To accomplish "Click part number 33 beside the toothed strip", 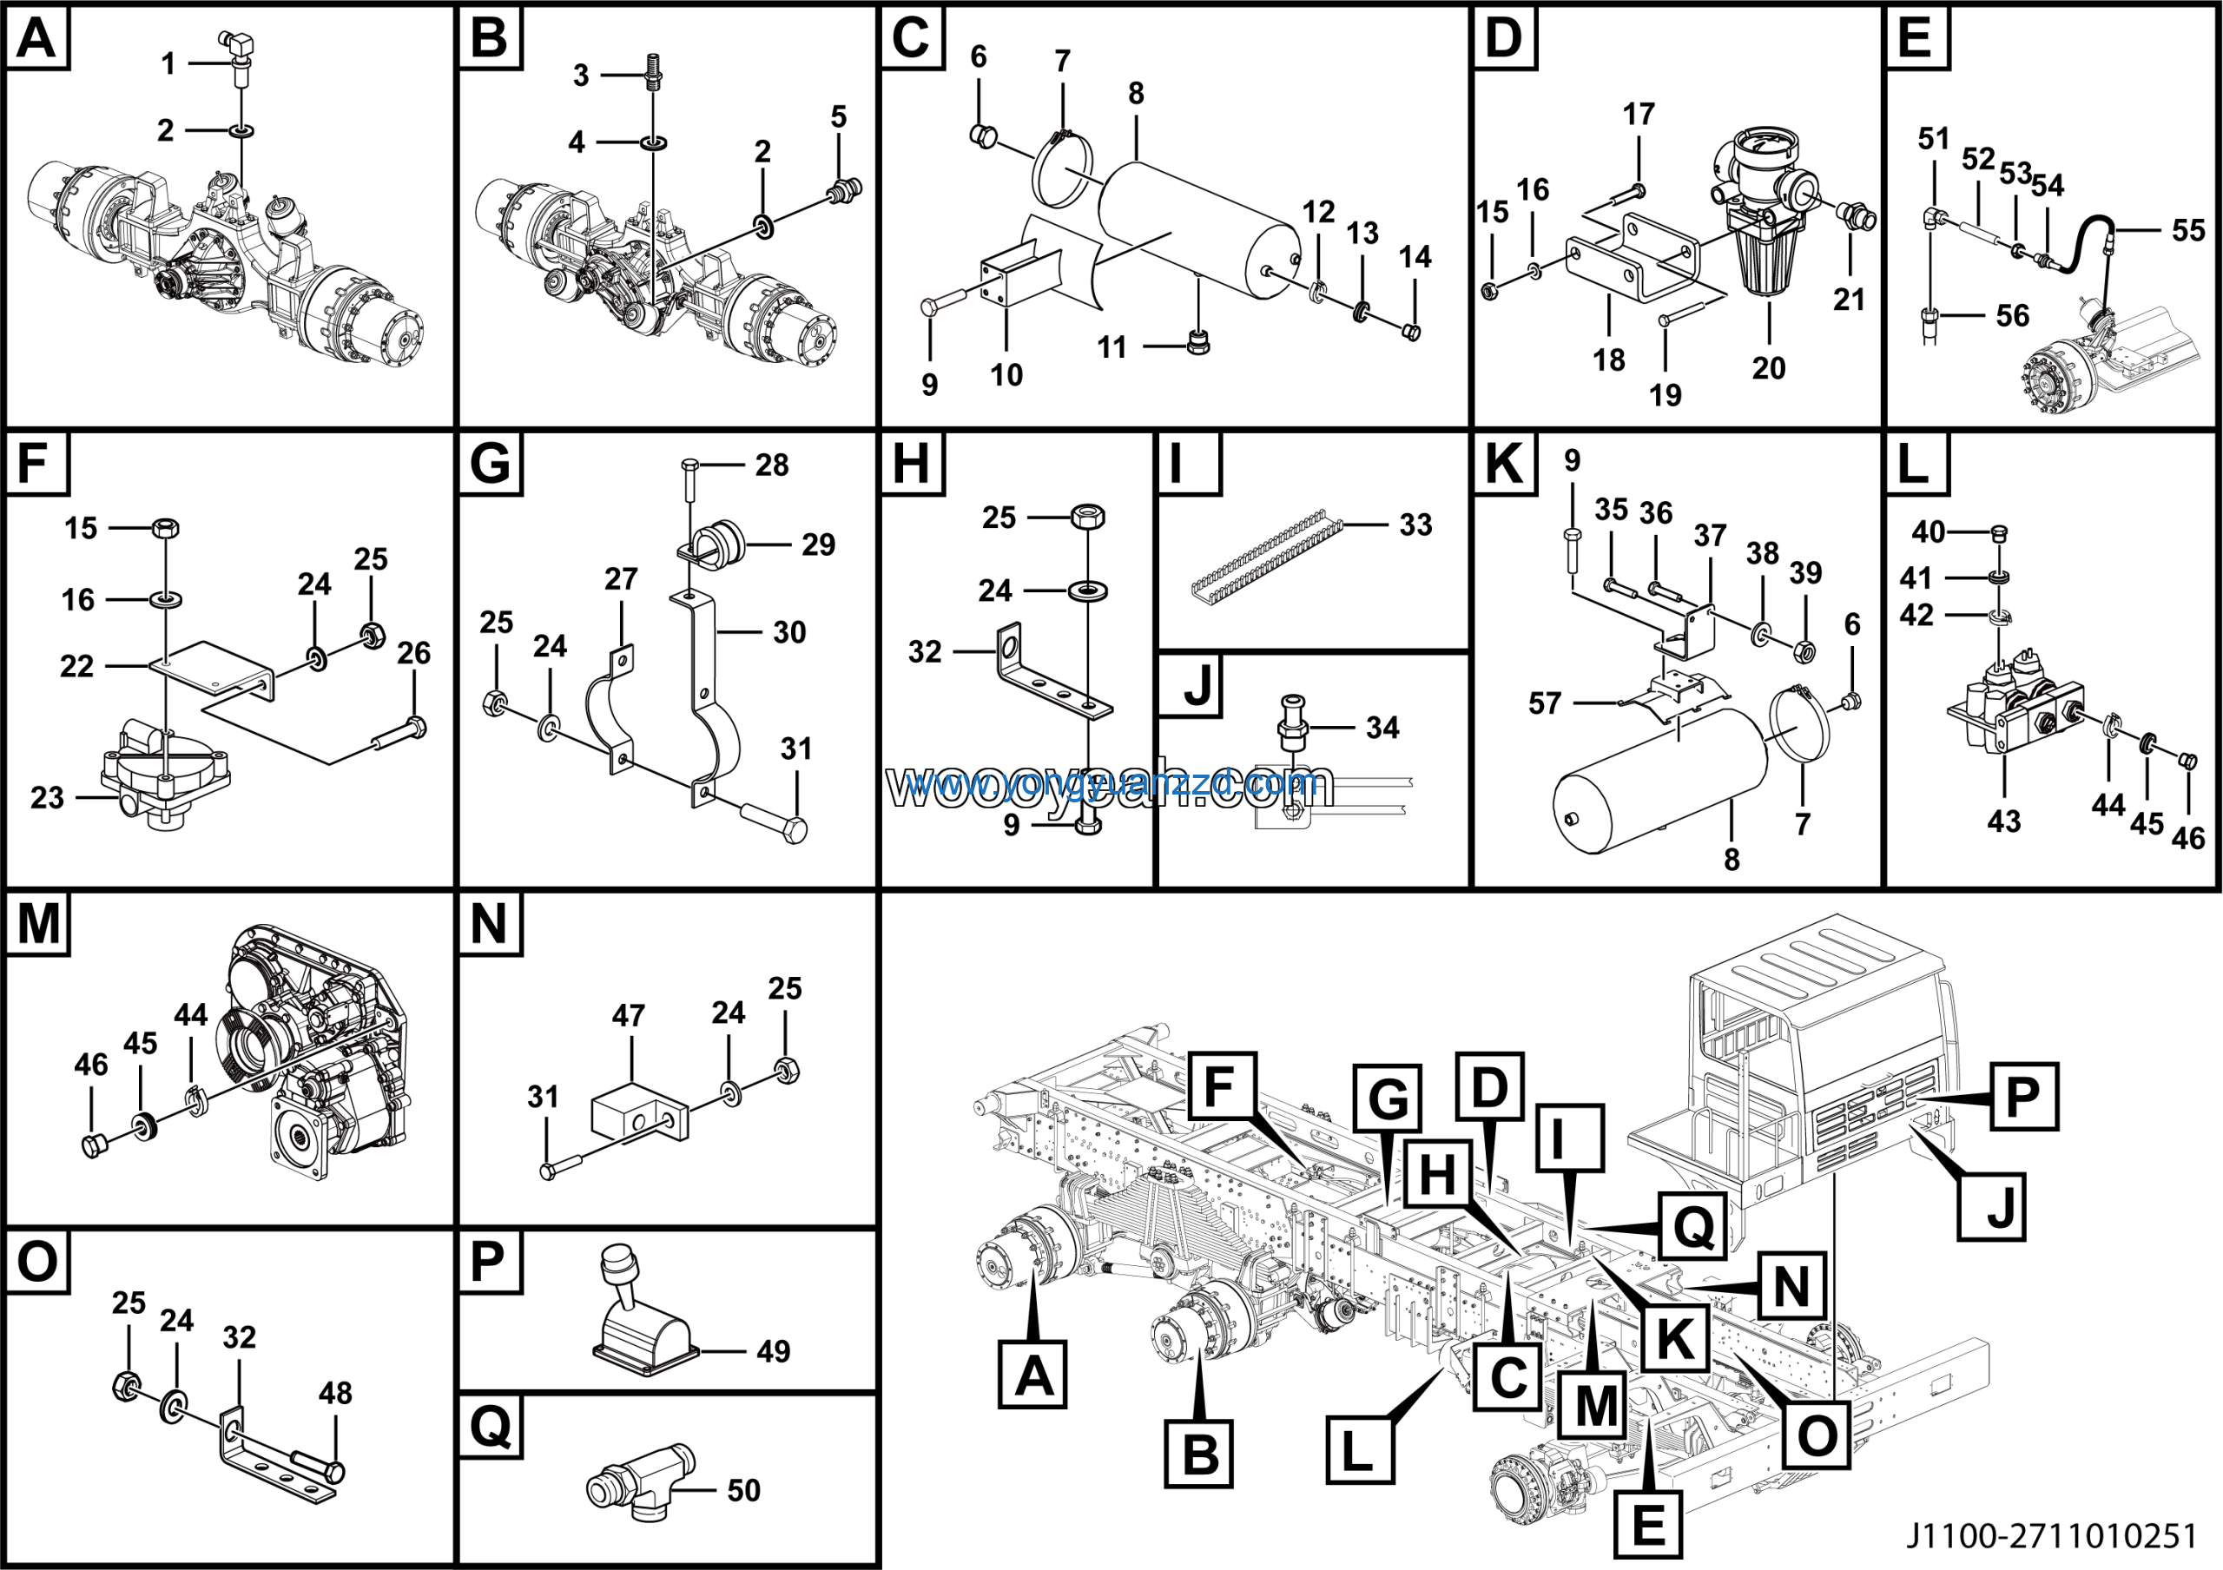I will click(x=1415, y=524).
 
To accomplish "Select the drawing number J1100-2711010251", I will click(x=2052, y=1536).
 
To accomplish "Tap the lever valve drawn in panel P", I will click(x=642, y=1316).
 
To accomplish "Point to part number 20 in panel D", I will click(x=1768, y=368).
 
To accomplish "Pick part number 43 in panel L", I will click(x=2003, y=821).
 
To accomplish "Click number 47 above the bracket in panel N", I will click(x=629, y=1015).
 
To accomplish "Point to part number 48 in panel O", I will click(x=335, y=1393).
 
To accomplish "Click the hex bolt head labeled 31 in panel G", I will click(x=794, y=830).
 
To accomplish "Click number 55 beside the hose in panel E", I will click(x=2188, y=230).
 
